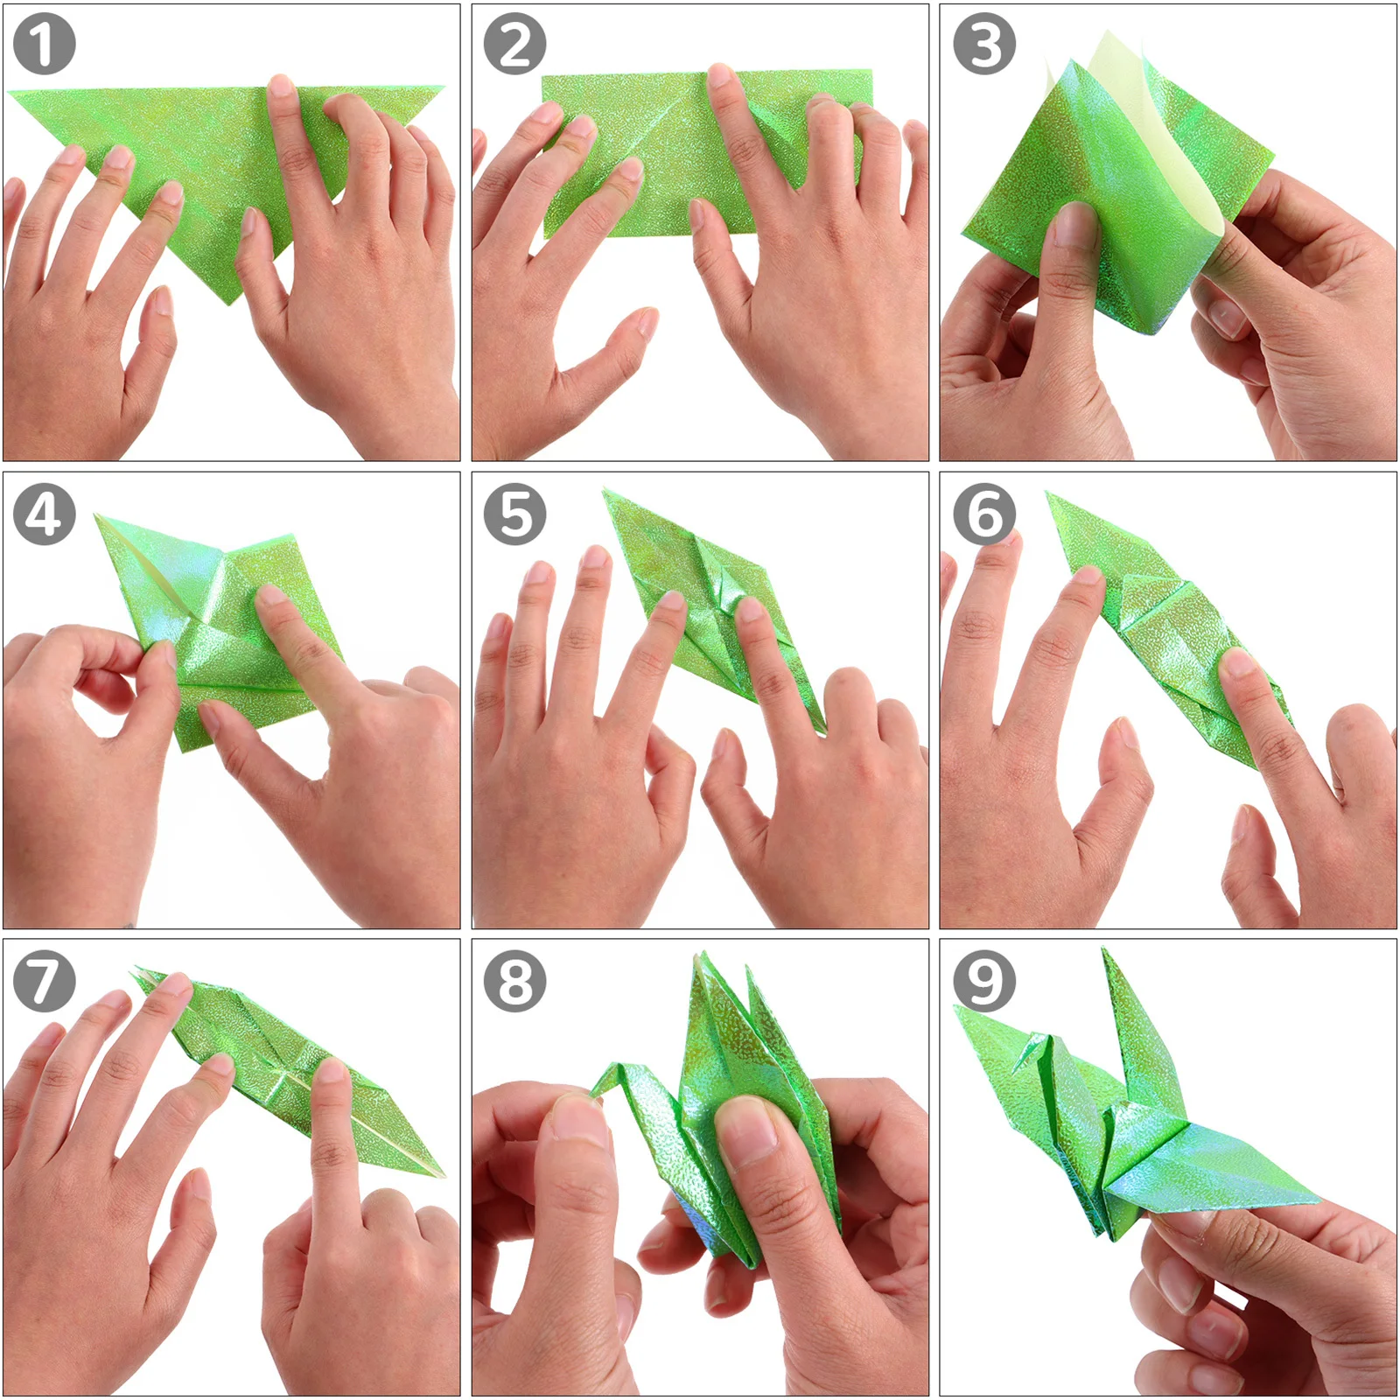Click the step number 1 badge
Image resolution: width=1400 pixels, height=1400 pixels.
point(44,44)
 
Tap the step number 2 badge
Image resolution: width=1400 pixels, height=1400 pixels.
point(514,44)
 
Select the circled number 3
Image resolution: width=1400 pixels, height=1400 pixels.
point(983,44)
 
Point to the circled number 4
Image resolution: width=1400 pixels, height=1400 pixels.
point(44,514)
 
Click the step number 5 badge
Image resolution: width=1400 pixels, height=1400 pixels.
point(514,514)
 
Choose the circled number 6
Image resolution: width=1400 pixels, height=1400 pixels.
point(983,514)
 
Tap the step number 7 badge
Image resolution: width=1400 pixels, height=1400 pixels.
point(44,981)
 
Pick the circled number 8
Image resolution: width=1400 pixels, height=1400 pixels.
point(514,981)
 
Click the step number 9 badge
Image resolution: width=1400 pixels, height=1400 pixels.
point(983,981)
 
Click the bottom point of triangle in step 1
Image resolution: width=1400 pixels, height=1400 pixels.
point(229,303)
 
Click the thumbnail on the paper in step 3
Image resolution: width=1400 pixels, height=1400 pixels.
point(1073,223)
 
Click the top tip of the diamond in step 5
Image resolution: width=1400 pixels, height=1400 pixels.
point(605,493)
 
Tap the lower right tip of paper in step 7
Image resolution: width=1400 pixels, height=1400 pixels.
point(443,1176)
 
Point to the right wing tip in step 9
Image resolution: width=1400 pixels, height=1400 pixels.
point(1317,1200)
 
